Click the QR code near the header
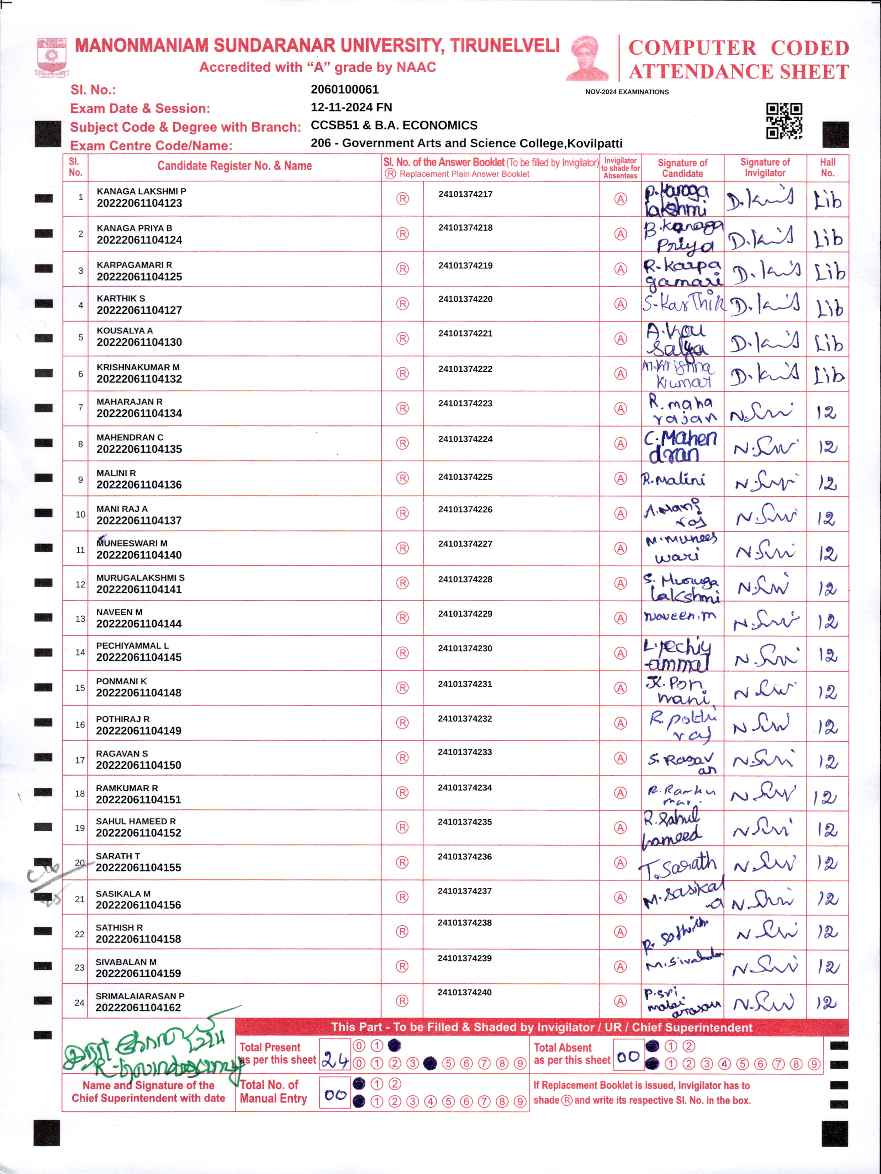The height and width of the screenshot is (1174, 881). click(784, 121)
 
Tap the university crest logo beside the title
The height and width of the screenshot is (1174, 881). click(52, 56)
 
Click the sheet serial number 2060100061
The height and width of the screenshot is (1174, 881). click(344, 89)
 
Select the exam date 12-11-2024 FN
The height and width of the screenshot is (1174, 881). click(351, 107)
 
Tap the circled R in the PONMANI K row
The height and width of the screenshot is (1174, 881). click(402, 688)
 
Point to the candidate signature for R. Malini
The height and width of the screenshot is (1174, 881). click(674, 479)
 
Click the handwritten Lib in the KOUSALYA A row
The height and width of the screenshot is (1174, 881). click(828, 343)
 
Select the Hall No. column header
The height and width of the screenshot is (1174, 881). click(827, 167)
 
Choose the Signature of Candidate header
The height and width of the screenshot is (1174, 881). click(682, 168)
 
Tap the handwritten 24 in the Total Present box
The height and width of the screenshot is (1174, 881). click(335, 1061)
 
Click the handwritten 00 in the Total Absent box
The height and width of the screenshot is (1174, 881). click(628, 1056)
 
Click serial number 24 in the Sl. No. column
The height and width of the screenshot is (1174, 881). click(79, 1003)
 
